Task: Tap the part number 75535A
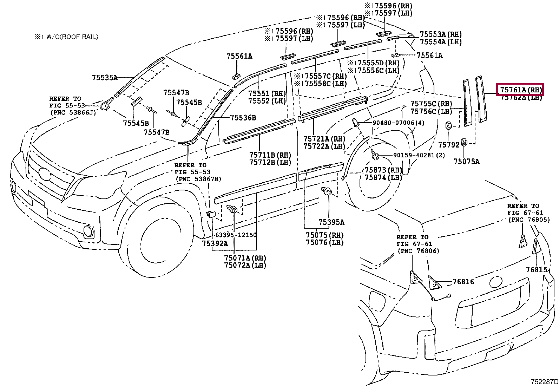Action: point(105,78)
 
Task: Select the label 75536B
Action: point(243,118)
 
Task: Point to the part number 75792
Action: point(448,145)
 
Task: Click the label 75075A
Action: point(466,162)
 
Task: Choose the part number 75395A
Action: point(331,222)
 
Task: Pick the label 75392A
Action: point(215,243)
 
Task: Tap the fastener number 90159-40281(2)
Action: point(414,155)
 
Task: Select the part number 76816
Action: point(463,282)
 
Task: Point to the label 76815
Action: point(537,270)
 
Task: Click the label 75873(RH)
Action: point(383,170)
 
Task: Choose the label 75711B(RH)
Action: point(270,155)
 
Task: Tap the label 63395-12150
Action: point(236,235)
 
